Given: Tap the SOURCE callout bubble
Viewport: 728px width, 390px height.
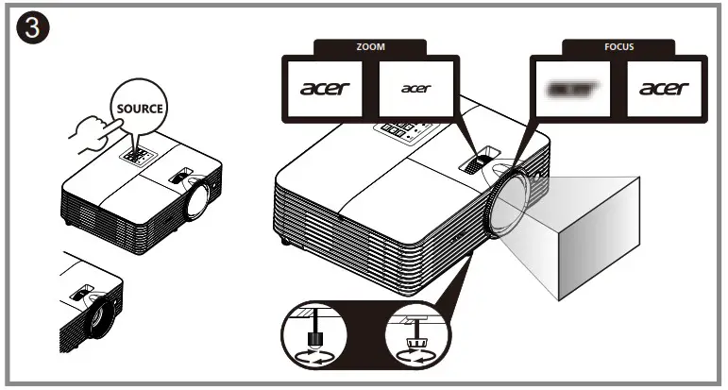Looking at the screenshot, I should tap(138, 108).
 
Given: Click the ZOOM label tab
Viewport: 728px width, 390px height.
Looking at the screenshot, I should tap(370, 44).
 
